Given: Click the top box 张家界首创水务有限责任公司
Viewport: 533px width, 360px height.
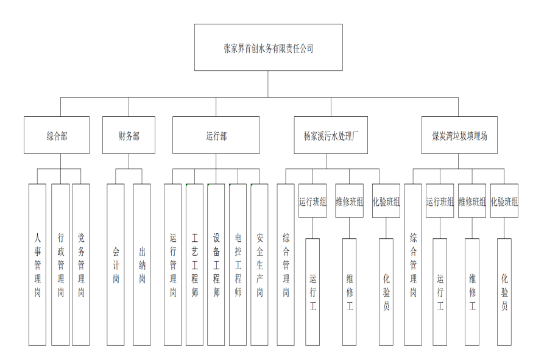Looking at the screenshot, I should coord(268,48).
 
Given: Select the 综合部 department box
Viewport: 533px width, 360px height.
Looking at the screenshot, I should coord(57,135).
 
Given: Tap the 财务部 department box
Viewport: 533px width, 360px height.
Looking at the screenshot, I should coord(129,135).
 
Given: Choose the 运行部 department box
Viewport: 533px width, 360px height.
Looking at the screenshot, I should coord(216,135).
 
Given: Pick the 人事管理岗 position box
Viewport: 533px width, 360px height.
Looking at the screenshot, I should coord(37,264).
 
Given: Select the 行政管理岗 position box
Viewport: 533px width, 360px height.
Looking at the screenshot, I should coord(60,264).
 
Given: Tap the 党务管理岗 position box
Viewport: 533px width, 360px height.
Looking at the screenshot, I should coord(81,264).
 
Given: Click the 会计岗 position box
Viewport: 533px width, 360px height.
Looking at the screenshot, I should coord(116,264).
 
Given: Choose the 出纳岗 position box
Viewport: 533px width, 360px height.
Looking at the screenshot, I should coord(142,264).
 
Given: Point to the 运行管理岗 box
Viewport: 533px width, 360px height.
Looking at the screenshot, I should coord(173,264).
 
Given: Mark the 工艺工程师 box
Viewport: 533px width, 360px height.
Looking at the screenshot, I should coord(194,264).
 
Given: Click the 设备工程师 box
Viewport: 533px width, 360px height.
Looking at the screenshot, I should coord(216,264).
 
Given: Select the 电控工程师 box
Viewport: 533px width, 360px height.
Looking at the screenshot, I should coord(238,264).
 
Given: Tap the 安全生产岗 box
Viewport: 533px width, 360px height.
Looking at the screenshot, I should coord(259,264).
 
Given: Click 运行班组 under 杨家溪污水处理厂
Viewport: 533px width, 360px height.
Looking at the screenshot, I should coord(312,201).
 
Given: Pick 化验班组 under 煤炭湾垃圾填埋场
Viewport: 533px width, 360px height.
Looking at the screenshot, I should coord(504,201).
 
